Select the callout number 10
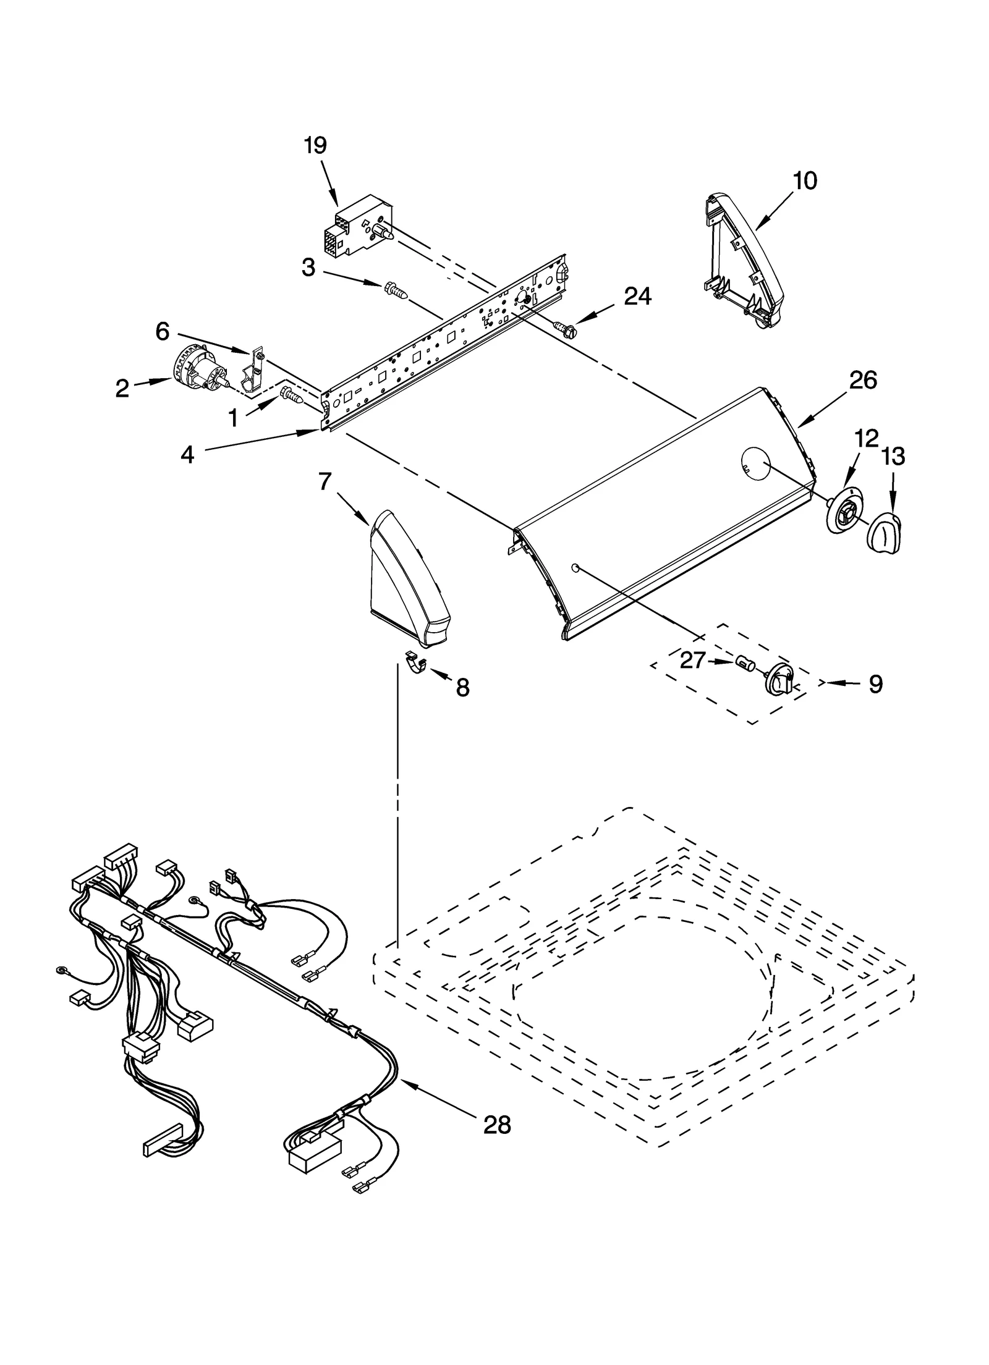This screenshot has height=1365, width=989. coord(805,180)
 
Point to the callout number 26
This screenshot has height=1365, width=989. coord(863,380)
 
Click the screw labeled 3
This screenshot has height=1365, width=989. coord(396,290)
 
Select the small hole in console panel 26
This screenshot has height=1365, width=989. coord(575,567)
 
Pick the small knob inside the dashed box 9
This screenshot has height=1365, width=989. coord(781,680)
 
